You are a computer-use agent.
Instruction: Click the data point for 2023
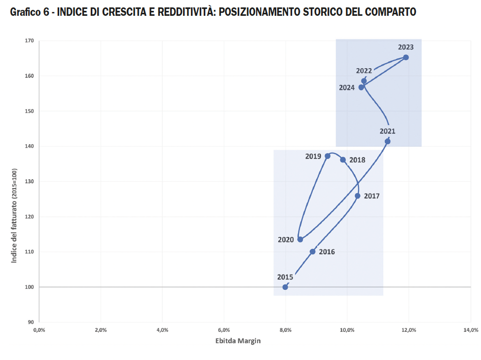click(x=406, y=57)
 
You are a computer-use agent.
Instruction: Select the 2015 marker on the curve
click(x=285, y=287)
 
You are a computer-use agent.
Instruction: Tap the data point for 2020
click(x=300, y=240)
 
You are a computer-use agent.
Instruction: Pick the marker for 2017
click(x=358, y=196)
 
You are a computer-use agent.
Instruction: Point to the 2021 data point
click(x=387, y=142)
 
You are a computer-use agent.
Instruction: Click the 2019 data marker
click(x=328, y=156)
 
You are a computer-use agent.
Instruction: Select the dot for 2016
click(x=312, y=252)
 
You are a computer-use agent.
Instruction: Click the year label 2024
click(x=347, y=88)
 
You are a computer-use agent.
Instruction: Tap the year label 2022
click(x=364, y=71)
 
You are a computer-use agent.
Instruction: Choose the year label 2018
click(x=357, y=160)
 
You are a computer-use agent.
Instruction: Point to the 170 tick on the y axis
click(x=30, y=41)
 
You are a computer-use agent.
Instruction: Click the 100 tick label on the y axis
click(x=30, y=287)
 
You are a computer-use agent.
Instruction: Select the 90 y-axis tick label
click(x=31, y=322)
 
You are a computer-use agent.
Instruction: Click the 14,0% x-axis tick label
click(x=470, y=330)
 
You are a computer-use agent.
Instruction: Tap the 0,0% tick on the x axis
click(x=39, y=330)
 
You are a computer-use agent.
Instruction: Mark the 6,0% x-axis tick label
click(x=224, y=330)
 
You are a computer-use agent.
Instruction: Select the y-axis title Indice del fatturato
click(x=14, y=215)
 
